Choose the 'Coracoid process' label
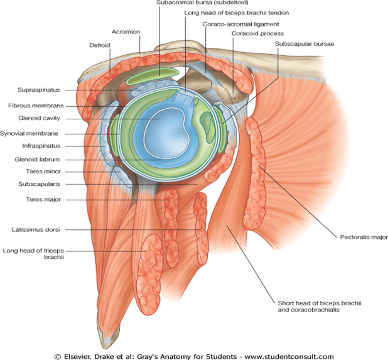pyautogui.click(x=257, y=33)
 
